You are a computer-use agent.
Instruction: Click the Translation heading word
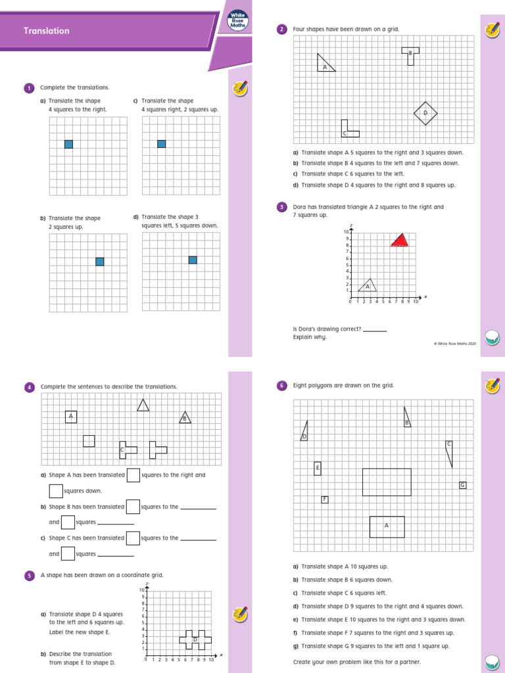tap(46, 31)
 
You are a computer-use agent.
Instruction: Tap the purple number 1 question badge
tap(29, 87)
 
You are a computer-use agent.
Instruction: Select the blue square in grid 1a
tap(68, 144)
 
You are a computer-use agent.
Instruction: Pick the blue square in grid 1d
tap(193, 260)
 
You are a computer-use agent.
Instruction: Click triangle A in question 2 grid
tap(325, 63)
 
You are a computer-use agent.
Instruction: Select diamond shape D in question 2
tap(425, 113)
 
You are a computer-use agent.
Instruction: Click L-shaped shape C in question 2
tap(348, 130)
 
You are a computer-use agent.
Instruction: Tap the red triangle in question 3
tap(399, 240)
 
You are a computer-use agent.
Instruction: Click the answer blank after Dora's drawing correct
tap(375, 330)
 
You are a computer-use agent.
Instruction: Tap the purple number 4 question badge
tap(29, 387)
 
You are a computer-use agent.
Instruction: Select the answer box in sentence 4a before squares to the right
tap(133, 475)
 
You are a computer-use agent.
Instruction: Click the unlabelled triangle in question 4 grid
tap(143, 405)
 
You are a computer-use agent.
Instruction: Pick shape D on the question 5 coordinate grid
tap(195, 638)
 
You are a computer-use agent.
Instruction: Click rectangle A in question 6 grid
tap(387, 526)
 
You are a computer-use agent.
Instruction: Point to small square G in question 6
tap(462, 485)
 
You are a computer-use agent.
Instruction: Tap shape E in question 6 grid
tap(318, 468)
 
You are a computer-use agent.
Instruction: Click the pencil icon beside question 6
tap(491, 386)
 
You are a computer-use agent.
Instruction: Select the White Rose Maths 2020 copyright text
tap(454, 343)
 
